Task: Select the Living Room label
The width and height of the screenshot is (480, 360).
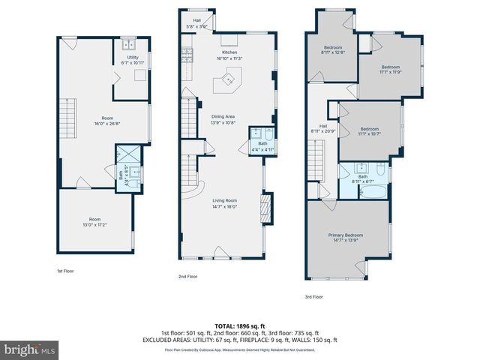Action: click(224, 203)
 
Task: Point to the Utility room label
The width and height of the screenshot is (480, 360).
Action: click(132, 60)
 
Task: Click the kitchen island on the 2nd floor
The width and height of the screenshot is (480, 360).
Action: click(227, 79)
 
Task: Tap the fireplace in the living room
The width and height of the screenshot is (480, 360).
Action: click(264, 206)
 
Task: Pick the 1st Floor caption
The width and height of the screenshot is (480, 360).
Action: click(65, 271)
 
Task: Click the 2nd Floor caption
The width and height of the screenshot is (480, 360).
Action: click(187, 276)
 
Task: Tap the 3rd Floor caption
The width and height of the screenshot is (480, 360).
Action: click(314, 296)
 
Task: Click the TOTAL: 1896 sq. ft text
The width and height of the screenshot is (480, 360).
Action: click(239, 326)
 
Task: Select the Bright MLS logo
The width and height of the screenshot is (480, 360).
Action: click(30, 349)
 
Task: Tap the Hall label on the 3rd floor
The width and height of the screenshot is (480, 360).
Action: click(323, 129)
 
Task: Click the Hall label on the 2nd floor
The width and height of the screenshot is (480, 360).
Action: click(196, 23)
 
